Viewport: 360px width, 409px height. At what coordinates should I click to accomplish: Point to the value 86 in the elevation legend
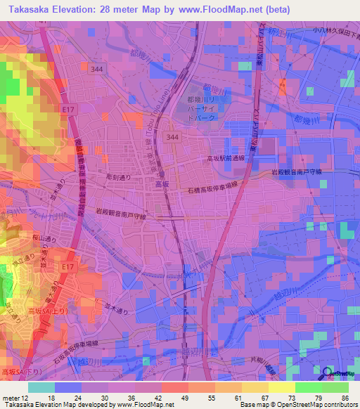pos(345,397)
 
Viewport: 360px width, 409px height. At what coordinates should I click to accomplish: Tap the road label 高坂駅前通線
pos(226,159)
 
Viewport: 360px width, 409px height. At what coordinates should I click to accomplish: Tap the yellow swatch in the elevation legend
pos(282,387)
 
